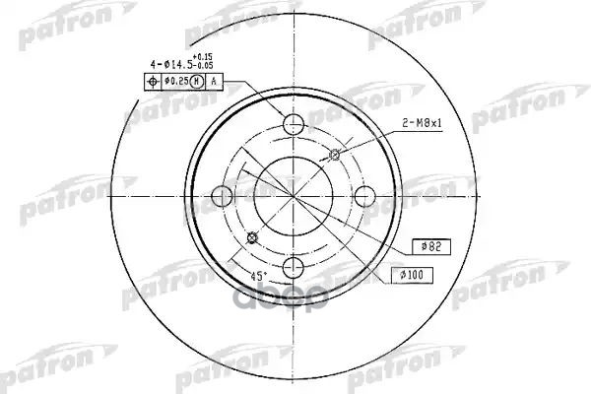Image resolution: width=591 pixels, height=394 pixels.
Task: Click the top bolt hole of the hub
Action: click(294, 123)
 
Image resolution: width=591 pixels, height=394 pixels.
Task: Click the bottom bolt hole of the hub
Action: click(294, 267)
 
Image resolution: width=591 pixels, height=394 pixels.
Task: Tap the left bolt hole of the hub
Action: click(222, 195)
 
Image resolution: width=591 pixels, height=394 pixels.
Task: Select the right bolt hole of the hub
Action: click(365, 195)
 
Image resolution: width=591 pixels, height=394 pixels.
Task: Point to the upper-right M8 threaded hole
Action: click(335, 153)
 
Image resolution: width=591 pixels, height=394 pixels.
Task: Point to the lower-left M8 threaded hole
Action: click(252, 236)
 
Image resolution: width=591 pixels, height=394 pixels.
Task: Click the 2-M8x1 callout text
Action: click(423, 124)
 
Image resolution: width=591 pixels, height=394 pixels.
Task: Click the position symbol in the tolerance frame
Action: click(153, 81)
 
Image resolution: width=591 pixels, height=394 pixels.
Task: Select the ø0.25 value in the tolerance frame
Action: click(175, 81)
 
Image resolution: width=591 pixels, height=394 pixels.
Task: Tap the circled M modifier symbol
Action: click(197, 81)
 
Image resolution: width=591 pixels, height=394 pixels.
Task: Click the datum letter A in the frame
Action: click(214, 81)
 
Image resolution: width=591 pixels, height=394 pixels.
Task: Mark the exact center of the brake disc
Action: click(294, 195)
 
